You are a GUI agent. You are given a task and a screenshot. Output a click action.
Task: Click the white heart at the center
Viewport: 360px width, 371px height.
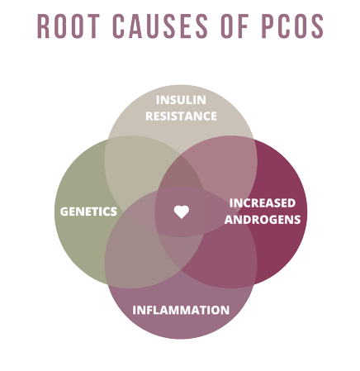(182, 212)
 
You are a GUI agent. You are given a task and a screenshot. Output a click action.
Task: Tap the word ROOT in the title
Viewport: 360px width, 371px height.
(69, 26)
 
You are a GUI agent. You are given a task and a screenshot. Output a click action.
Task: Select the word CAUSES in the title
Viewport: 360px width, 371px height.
(160, 26)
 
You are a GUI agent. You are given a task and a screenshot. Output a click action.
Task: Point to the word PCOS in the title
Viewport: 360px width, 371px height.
(292, 26)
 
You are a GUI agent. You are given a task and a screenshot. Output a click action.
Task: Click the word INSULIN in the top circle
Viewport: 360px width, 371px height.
(181, 100)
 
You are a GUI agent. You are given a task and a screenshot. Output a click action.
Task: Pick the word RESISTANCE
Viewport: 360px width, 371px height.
(181, 116)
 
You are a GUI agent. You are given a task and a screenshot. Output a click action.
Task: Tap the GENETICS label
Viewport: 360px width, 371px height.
(88, 212)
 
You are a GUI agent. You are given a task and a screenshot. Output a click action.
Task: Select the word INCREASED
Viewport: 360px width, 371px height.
(263, 203)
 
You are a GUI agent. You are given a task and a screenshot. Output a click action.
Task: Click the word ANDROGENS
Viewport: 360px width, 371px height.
(263, 220)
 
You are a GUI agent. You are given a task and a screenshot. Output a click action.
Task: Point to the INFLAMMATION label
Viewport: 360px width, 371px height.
(181, 310)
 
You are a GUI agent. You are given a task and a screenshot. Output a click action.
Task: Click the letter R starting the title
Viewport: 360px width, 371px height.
(43, 26)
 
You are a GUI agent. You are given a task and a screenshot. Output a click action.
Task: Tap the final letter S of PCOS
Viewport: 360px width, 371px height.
(317, 26)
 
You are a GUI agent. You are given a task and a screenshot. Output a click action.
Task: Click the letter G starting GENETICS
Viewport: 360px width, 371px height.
(64, 212)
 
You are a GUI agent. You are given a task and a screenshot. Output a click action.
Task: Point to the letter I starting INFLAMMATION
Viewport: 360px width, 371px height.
(134, 310)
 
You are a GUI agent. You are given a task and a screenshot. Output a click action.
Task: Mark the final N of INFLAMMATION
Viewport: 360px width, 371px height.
(225, 310)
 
